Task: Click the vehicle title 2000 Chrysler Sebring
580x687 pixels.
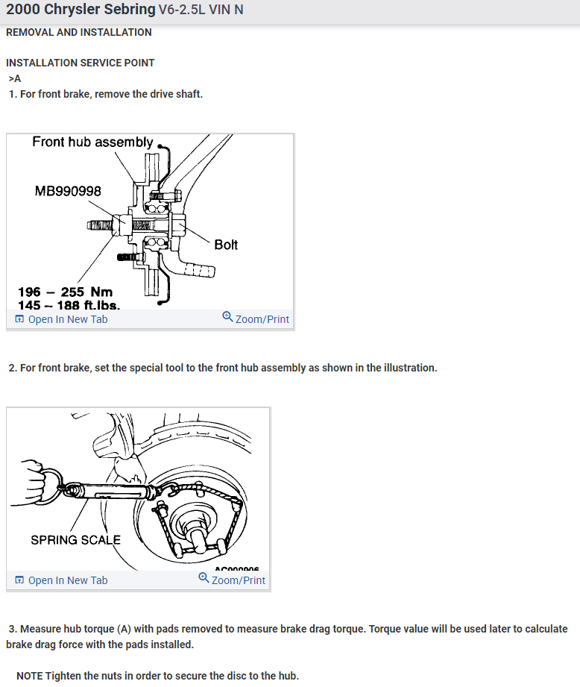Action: pos(81,10)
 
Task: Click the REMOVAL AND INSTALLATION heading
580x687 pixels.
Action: pos(78,32)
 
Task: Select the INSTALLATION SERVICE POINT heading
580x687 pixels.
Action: pos(80,63)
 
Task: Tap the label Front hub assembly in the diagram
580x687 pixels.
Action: pos(92,142)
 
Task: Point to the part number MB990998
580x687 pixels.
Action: pos(68,192)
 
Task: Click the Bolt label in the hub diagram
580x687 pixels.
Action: pos(226,245)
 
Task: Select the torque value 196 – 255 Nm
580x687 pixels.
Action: pos(65,292)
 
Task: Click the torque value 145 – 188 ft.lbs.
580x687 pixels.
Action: pos(69,305)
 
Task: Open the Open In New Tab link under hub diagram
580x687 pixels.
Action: pos(67,319)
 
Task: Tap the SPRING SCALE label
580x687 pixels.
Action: pos(75,539)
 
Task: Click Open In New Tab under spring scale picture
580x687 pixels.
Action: pos(67,580)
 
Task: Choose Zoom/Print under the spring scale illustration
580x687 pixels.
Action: pos(238,580)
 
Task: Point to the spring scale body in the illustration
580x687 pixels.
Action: pos(112,492)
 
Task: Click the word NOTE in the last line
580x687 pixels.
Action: pos(29,676)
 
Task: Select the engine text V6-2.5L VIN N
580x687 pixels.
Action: pos(201,10)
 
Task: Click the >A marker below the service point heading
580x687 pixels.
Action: pos(15,78)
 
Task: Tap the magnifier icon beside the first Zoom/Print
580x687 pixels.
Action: pos(227,318)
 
